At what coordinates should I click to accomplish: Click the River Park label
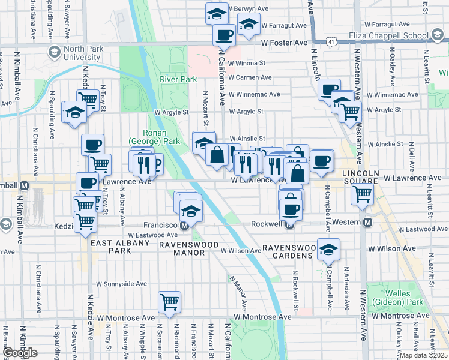tap(178, 79)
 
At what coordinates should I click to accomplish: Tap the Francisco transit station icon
tap(185, 225)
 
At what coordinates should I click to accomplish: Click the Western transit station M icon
tap(367, 222)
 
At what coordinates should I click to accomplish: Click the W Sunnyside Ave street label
tap(121, 284)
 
